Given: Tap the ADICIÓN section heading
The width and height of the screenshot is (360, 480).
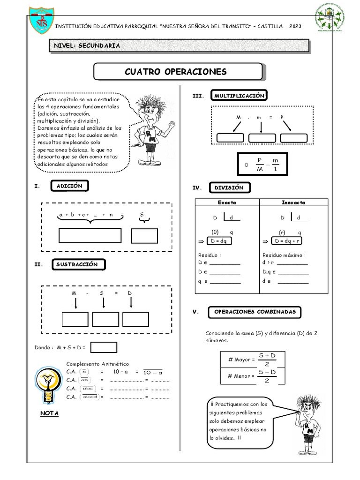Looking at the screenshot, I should pyautogui.click(x=69, y=186).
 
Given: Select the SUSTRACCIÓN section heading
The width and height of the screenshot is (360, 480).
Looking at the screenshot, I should pyautogui.click(x=77, y=264).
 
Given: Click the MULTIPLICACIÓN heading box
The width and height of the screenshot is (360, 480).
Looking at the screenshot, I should pyautogui.click(x=239, y=96).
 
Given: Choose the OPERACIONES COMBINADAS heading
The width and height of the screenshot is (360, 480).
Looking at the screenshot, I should pyautogui.click(x=255, y=312).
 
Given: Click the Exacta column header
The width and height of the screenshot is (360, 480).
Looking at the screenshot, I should pyautogui.click(x=227, y=202).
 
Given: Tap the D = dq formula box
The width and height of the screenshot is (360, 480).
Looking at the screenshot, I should pyautogui.click(x=219, y=241).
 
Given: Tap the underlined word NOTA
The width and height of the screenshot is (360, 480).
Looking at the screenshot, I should pyautogui.click(x=49, y=414).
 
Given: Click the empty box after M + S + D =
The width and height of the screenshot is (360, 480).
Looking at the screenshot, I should pyautogui.click(x=104, y=347).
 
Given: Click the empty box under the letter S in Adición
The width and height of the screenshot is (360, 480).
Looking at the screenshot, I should pyautogui.click(x=144, y=236).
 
